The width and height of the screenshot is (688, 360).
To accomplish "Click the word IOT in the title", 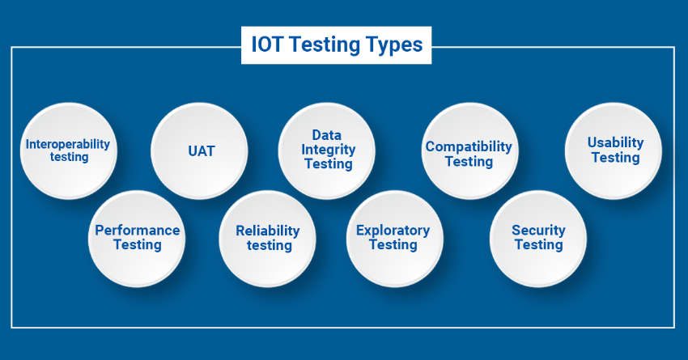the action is click(267, 44).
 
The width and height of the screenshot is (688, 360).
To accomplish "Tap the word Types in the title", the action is click(394, 45).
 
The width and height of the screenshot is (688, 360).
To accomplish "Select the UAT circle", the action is click(199, 150).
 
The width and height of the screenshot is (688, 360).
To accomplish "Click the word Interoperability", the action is click(68, 144).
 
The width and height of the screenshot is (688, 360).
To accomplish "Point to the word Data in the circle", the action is click(326, 134).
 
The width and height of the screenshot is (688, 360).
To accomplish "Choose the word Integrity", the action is click(328, 150).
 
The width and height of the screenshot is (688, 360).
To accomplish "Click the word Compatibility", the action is click(469, 147).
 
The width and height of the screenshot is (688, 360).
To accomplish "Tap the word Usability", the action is click(615, 142).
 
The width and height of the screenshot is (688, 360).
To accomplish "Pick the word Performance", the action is click(138, 231).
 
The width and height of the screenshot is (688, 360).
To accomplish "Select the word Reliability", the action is click(268, 231).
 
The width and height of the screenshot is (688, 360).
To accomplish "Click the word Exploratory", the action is click(393, 231).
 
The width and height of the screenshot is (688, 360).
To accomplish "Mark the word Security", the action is click(538, 231).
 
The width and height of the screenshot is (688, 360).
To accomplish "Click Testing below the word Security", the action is click(538, 245).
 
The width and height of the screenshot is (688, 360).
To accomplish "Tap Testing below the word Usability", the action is click(615, 158).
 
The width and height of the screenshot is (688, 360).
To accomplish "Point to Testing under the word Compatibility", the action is click(469, 162).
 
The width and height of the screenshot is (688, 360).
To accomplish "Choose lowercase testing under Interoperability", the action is click(70, 157).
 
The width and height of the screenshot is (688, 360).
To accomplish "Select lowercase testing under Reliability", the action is click(269, 246).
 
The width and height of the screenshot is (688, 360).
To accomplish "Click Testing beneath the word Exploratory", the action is click(393, 245).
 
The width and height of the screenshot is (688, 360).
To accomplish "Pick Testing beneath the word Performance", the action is click(138, 244).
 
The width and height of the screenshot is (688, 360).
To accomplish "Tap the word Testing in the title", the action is click(325, 45).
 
